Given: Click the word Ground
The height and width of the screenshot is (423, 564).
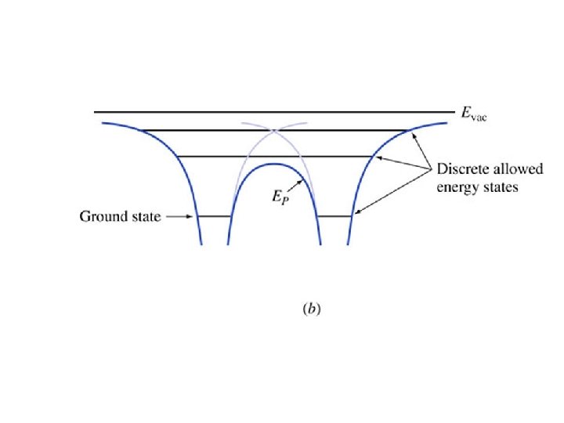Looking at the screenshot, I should point(102,216).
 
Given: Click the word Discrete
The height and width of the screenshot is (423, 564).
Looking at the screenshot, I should point(461,170).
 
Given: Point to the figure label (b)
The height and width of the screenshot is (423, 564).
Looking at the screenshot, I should point(312,309).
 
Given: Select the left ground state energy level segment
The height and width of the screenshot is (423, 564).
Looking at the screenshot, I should point(212,215).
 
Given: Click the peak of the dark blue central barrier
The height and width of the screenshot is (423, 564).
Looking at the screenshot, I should point(273,164).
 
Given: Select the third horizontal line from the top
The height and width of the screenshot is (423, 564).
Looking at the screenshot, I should point(274,157).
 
